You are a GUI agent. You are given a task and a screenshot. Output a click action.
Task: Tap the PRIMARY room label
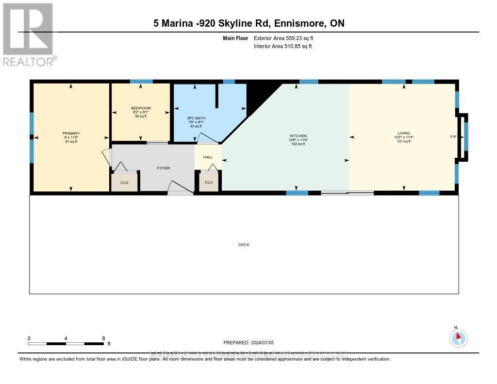point(71,134)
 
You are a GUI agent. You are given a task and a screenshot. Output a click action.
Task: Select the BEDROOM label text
point(141,108)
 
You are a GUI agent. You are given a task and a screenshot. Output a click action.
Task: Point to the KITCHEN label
point(298,136)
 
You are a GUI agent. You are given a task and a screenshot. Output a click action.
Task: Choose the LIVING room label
point(403,133)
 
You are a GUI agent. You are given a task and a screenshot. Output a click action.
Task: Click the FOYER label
point(163,168)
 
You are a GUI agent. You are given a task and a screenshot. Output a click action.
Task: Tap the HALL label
point(208,157)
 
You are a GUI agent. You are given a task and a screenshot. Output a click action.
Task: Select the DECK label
point(244,245)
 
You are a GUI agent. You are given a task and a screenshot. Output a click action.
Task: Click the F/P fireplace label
point(453,137)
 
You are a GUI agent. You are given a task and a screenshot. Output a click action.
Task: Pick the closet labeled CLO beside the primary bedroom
point(125,182)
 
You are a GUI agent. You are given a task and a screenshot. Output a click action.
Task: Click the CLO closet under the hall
point(209,183)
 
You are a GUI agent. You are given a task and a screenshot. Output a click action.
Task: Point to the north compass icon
point(458,338)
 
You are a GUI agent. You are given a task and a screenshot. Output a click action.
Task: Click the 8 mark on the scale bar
point(103,338)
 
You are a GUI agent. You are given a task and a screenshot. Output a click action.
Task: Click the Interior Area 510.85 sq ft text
point(283,46)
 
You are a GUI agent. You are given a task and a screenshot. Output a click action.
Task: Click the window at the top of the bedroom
point(141,82)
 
